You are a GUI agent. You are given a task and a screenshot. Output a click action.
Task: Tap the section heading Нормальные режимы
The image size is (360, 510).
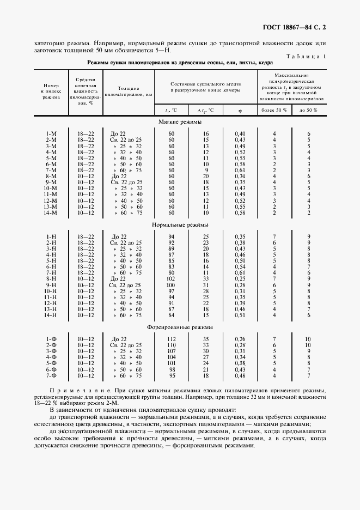coord(180,224)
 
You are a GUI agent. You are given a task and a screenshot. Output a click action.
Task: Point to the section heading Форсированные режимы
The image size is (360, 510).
coord(180,327)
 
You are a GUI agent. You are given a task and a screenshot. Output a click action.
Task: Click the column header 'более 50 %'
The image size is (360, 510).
coord(274,110)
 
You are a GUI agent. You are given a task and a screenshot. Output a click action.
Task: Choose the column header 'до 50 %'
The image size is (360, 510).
coord(308,110)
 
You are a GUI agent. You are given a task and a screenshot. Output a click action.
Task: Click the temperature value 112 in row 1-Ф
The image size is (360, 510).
coord(172,339)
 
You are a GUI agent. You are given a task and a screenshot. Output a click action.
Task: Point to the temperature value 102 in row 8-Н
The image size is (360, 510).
coord(172,278)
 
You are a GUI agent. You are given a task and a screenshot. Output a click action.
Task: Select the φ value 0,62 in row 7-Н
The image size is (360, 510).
coord(240,272)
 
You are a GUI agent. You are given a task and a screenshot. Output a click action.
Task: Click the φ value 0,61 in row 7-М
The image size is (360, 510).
coord(240,170)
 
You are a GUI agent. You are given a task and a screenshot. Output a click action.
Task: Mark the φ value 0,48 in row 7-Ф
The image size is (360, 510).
coord(240,375)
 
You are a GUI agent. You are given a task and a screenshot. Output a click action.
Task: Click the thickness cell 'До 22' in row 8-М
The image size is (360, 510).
coord(118,176)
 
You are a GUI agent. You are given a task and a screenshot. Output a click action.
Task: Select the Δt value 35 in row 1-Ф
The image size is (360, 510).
coord(206,339)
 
